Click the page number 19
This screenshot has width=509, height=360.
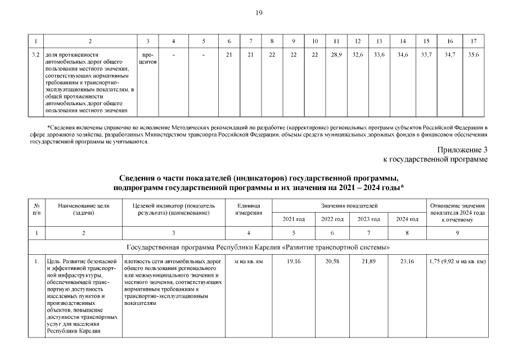point(259,12)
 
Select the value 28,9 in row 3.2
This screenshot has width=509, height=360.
point(336,54)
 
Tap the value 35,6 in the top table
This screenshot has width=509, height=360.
point(474,54)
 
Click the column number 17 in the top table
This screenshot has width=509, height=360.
point(474,41)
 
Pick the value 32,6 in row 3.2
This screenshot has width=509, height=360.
point(357,54)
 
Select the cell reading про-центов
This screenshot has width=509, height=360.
point(148,57)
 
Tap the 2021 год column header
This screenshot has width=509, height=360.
point(293,219)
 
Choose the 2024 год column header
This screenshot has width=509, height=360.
point(406,219)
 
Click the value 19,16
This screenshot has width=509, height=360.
point(293,262)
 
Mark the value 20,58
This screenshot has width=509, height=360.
point(331,262)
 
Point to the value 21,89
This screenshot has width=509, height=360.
point(368,262)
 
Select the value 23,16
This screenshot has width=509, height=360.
point(406,262)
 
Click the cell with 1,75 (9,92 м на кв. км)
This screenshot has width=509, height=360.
point(457,262)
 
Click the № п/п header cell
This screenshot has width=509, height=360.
point(37,209)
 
